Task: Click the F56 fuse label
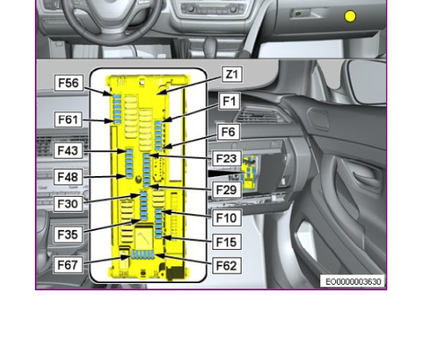[69, 83]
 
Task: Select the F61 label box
[68, 120]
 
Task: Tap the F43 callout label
[68, 151]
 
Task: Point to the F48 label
[68, 177]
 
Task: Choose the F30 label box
[68, 204]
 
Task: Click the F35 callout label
[68, 234]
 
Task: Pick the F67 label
[68, 265]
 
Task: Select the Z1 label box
[232, 75]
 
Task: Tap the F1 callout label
[229, 101]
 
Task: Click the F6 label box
[228, 132]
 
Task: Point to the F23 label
[227, 159]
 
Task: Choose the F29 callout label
[227, 190]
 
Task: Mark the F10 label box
[227, 218]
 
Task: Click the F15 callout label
[227, 242]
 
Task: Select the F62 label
[227, 266]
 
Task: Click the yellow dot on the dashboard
[350, 17]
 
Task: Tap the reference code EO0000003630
[353, 281]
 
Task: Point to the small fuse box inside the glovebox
[249, 172]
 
